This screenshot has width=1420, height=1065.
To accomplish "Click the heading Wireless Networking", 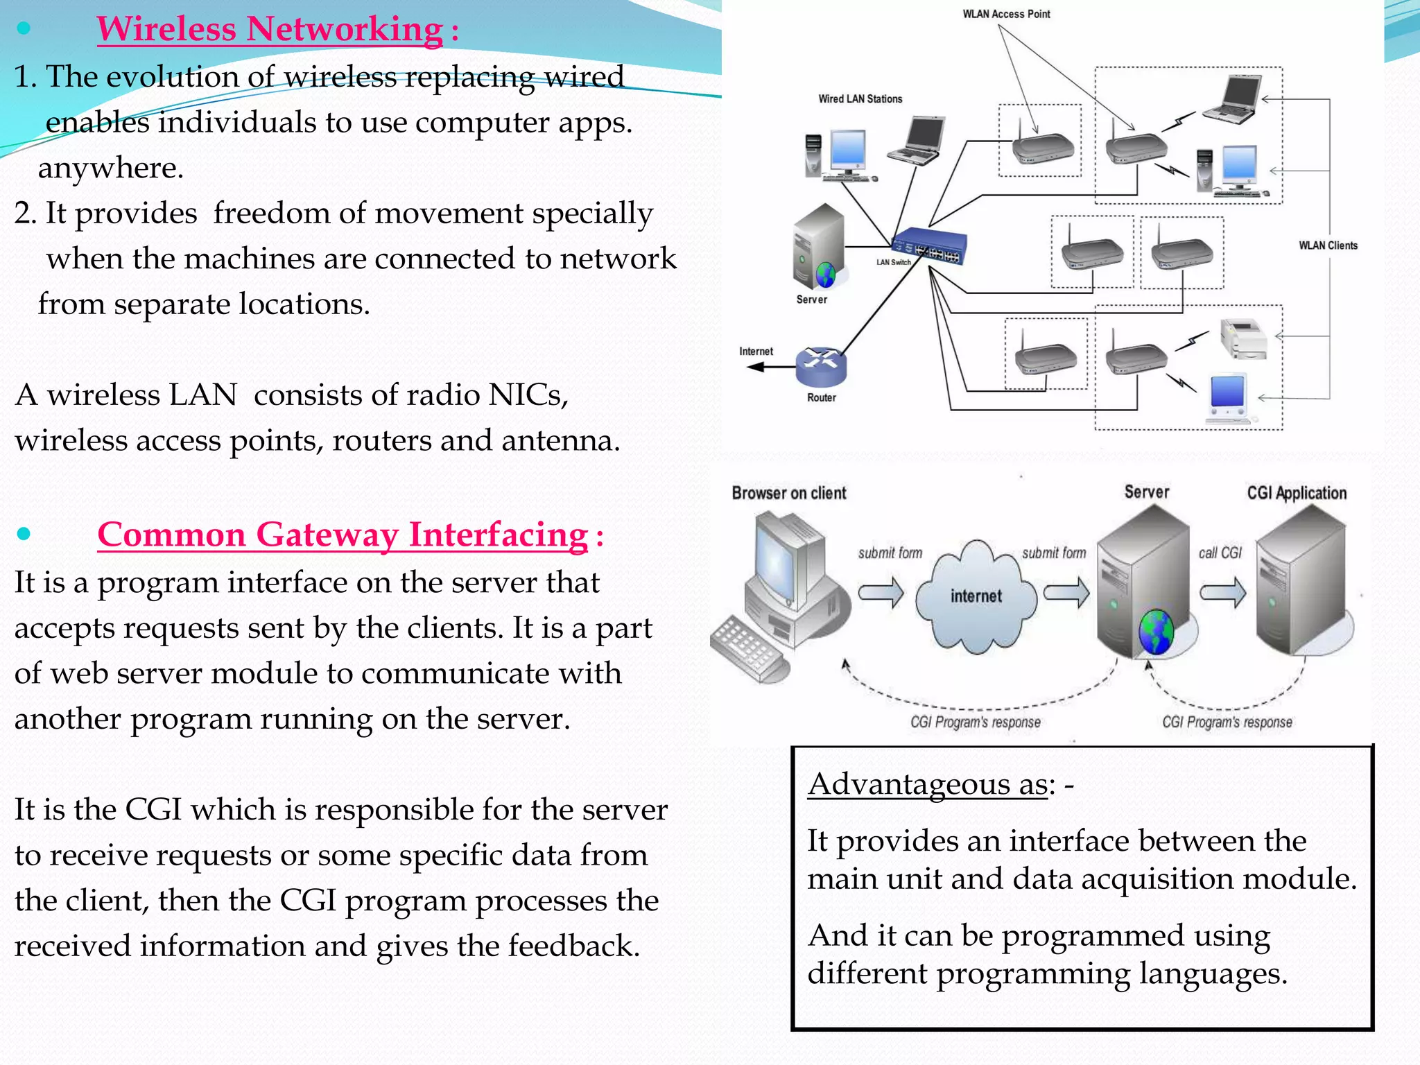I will [270, 29].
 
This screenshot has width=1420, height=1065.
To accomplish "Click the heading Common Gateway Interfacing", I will [343, 535].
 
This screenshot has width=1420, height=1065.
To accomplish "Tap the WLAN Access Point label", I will [1006, 14].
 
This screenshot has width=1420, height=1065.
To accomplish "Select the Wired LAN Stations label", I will [860, 99].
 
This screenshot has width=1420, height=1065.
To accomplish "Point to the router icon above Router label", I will [821, 366].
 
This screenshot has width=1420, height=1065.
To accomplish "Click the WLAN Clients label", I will [1328, 245].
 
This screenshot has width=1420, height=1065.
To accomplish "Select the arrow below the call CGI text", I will [1222, 594].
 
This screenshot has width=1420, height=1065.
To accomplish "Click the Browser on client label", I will [789, 493].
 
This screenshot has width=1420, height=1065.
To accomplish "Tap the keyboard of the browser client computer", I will [745, 648].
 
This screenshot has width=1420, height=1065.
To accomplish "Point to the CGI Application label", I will [1297, 493].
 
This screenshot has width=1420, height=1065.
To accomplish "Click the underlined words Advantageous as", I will [927, 784].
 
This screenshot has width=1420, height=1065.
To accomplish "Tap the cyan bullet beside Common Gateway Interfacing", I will [24, 534].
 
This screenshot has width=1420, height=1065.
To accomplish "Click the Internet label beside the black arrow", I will [756, 352].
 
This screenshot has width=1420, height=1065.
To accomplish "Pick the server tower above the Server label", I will [819, 246].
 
